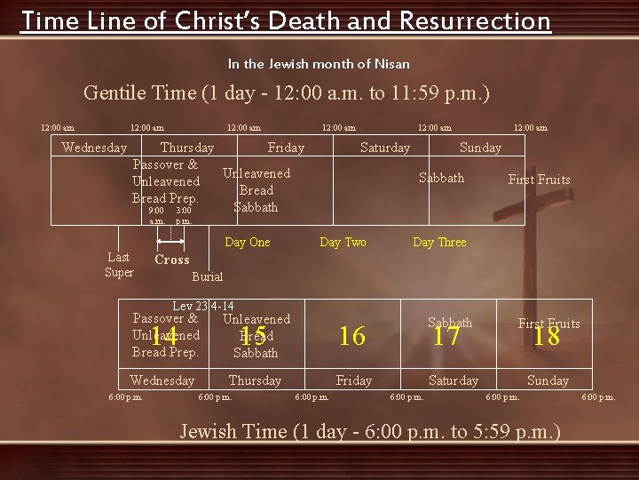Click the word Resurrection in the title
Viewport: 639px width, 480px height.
tap(476, 20)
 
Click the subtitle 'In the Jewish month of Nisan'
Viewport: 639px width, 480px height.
tap(319, 64)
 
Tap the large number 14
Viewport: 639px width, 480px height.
tap(163, 335)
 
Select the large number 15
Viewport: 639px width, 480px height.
tap(254, 335)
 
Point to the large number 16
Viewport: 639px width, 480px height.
tap(352, 336)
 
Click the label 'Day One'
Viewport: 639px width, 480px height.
tap(248, 242)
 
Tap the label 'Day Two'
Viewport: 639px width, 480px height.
tap(343, 242)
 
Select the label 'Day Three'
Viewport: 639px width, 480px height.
tap(439, 242)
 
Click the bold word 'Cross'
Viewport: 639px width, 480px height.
tap(172, 260)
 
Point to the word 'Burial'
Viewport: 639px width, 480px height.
tap(208, 276)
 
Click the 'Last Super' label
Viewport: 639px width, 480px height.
tap(119, 265)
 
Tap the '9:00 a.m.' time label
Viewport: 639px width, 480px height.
tap(156, 216)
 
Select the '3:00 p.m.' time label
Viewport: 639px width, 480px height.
tap(184, 216)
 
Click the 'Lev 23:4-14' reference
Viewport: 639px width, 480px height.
tap(203, 307)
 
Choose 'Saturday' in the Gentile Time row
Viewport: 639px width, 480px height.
tap(385, 148)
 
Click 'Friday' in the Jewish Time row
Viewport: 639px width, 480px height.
tap(354, 380)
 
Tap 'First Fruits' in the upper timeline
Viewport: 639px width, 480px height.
tap(539, 180)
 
